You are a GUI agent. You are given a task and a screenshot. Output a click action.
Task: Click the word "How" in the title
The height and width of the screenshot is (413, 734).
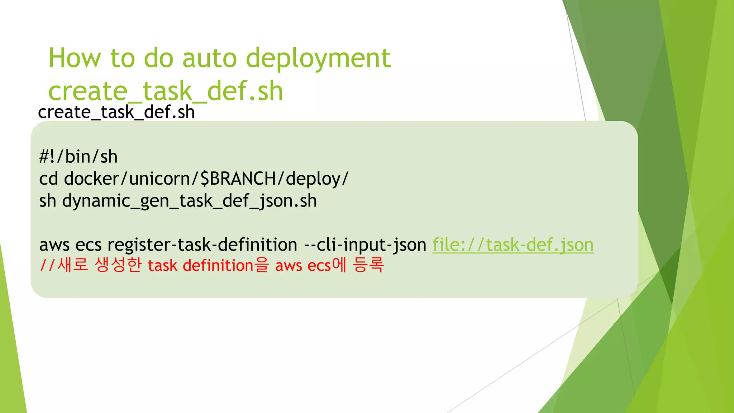[x=75, y=58]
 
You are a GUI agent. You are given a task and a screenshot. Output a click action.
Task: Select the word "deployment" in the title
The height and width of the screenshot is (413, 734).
[x=318, y=58]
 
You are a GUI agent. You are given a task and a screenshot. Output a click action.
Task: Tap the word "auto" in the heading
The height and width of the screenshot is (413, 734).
[x=210, y=58]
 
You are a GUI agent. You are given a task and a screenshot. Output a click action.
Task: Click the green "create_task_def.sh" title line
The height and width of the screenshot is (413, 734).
[x=166, y=91]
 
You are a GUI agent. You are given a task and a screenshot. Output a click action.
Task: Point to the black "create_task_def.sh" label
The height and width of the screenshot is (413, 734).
[x=116, y=112]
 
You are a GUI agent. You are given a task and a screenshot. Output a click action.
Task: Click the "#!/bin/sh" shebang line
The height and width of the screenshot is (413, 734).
[x=78, y=157]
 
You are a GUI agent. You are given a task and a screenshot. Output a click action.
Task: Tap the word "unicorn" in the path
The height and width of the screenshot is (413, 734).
[x=160, y=179]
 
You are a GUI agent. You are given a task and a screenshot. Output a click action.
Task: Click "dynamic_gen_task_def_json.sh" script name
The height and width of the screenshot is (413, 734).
[x=190, y=201]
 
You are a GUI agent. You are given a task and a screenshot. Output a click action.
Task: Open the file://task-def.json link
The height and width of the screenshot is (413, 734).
[x=513, y=245]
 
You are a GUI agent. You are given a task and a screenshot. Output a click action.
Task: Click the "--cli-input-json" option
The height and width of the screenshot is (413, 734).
[x=365, y=245]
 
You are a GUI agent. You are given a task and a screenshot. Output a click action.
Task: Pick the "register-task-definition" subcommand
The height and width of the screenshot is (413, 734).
[x=202, y=245]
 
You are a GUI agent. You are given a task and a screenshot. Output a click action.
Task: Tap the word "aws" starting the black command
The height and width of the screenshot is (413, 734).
[x=54, y=245]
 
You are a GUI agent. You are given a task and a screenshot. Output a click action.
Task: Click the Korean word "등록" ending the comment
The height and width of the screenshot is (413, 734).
[x=368, y=265]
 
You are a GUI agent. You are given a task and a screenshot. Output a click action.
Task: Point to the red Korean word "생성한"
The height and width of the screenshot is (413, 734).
[x=118, y=265]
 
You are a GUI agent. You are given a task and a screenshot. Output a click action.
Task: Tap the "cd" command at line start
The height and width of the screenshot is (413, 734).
[x=48, y=179]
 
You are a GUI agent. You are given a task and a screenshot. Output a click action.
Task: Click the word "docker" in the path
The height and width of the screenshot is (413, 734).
[x=91, y=179]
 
